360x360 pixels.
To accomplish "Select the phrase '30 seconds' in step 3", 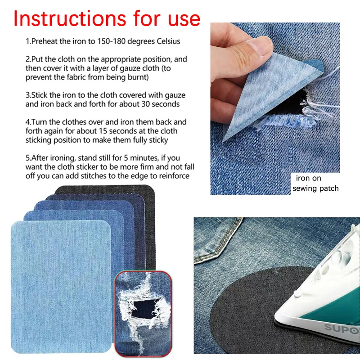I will (161, 104).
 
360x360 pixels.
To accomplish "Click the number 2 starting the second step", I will (27, 59).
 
